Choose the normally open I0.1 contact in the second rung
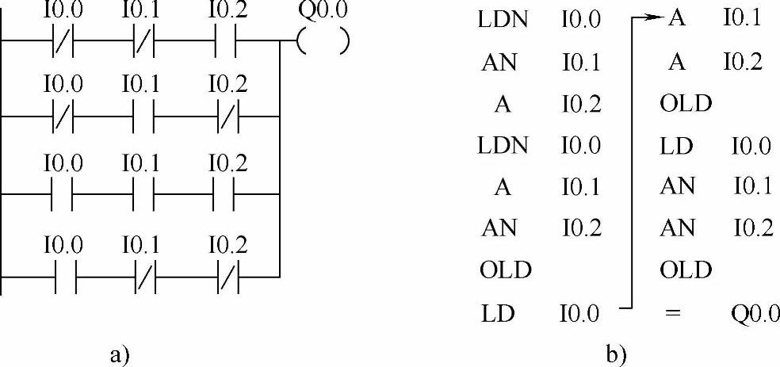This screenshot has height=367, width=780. [143, 117]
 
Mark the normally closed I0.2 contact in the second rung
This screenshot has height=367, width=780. [227, 117]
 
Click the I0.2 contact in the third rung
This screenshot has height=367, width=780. [227, 193]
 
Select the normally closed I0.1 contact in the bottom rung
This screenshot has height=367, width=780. [143, 275]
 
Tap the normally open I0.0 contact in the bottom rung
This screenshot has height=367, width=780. [61, 275]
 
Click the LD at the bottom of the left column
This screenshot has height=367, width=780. [497, 314]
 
